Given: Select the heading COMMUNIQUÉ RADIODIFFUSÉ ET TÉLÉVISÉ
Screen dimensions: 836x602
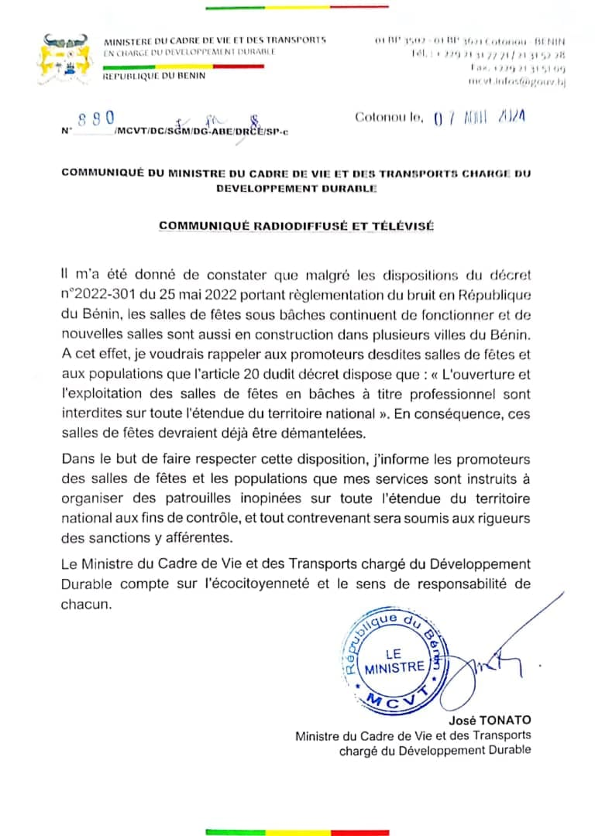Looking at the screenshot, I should click(297, 226).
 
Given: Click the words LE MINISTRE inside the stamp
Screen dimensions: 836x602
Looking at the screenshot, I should click(394, 660).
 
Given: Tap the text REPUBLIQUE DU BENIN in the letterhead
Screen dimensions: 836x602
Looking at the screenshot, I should click(154, 76).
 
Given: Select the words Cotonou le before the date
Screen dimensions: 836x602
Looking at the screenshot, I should click(389, 118).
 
